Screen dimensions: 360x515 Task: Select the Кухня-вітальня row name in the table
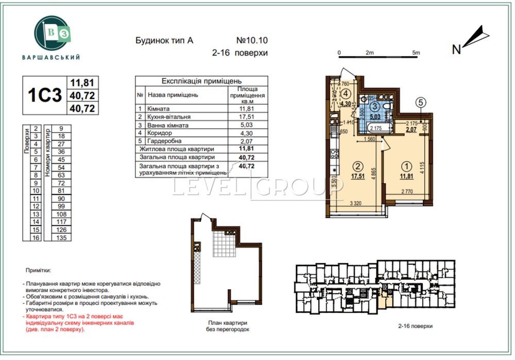(168, 117)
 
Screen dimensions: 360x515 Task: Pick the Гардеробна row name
(164, 141)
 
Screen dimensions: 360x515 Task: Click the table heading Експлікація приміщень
(201, 81)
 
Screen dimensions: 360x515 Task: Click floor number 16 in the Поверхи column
(36, 238)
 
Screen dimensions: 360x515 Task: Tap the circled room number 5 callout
(421, 102)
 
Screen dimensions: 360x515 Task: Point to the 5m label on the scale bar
(416, 53)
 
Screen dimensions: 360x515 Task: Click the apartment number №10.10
(252, 40)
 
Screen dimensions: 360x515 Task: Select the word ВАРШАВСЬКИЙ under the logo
(51, 57)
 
